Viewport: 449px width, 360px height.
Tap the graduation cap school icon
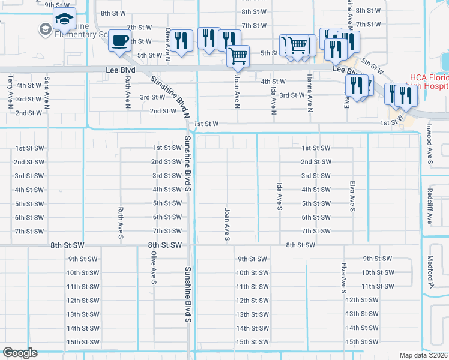[64, 20]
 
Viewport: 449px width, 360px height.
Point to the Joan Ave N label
[237, 91]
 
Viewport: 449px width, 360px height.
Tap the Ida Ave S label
[279, 197]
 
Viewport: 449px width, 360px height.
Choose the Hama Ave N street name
[310, 95]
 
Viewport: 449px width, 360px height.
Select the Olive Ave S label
[154, 266]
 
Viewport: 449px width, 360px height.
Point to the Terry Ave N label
[11, 92]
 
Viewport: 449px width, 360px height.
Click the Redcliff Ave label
[430, 207]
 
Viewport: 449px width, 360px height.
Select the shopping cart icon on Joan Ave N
[238, 56]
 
